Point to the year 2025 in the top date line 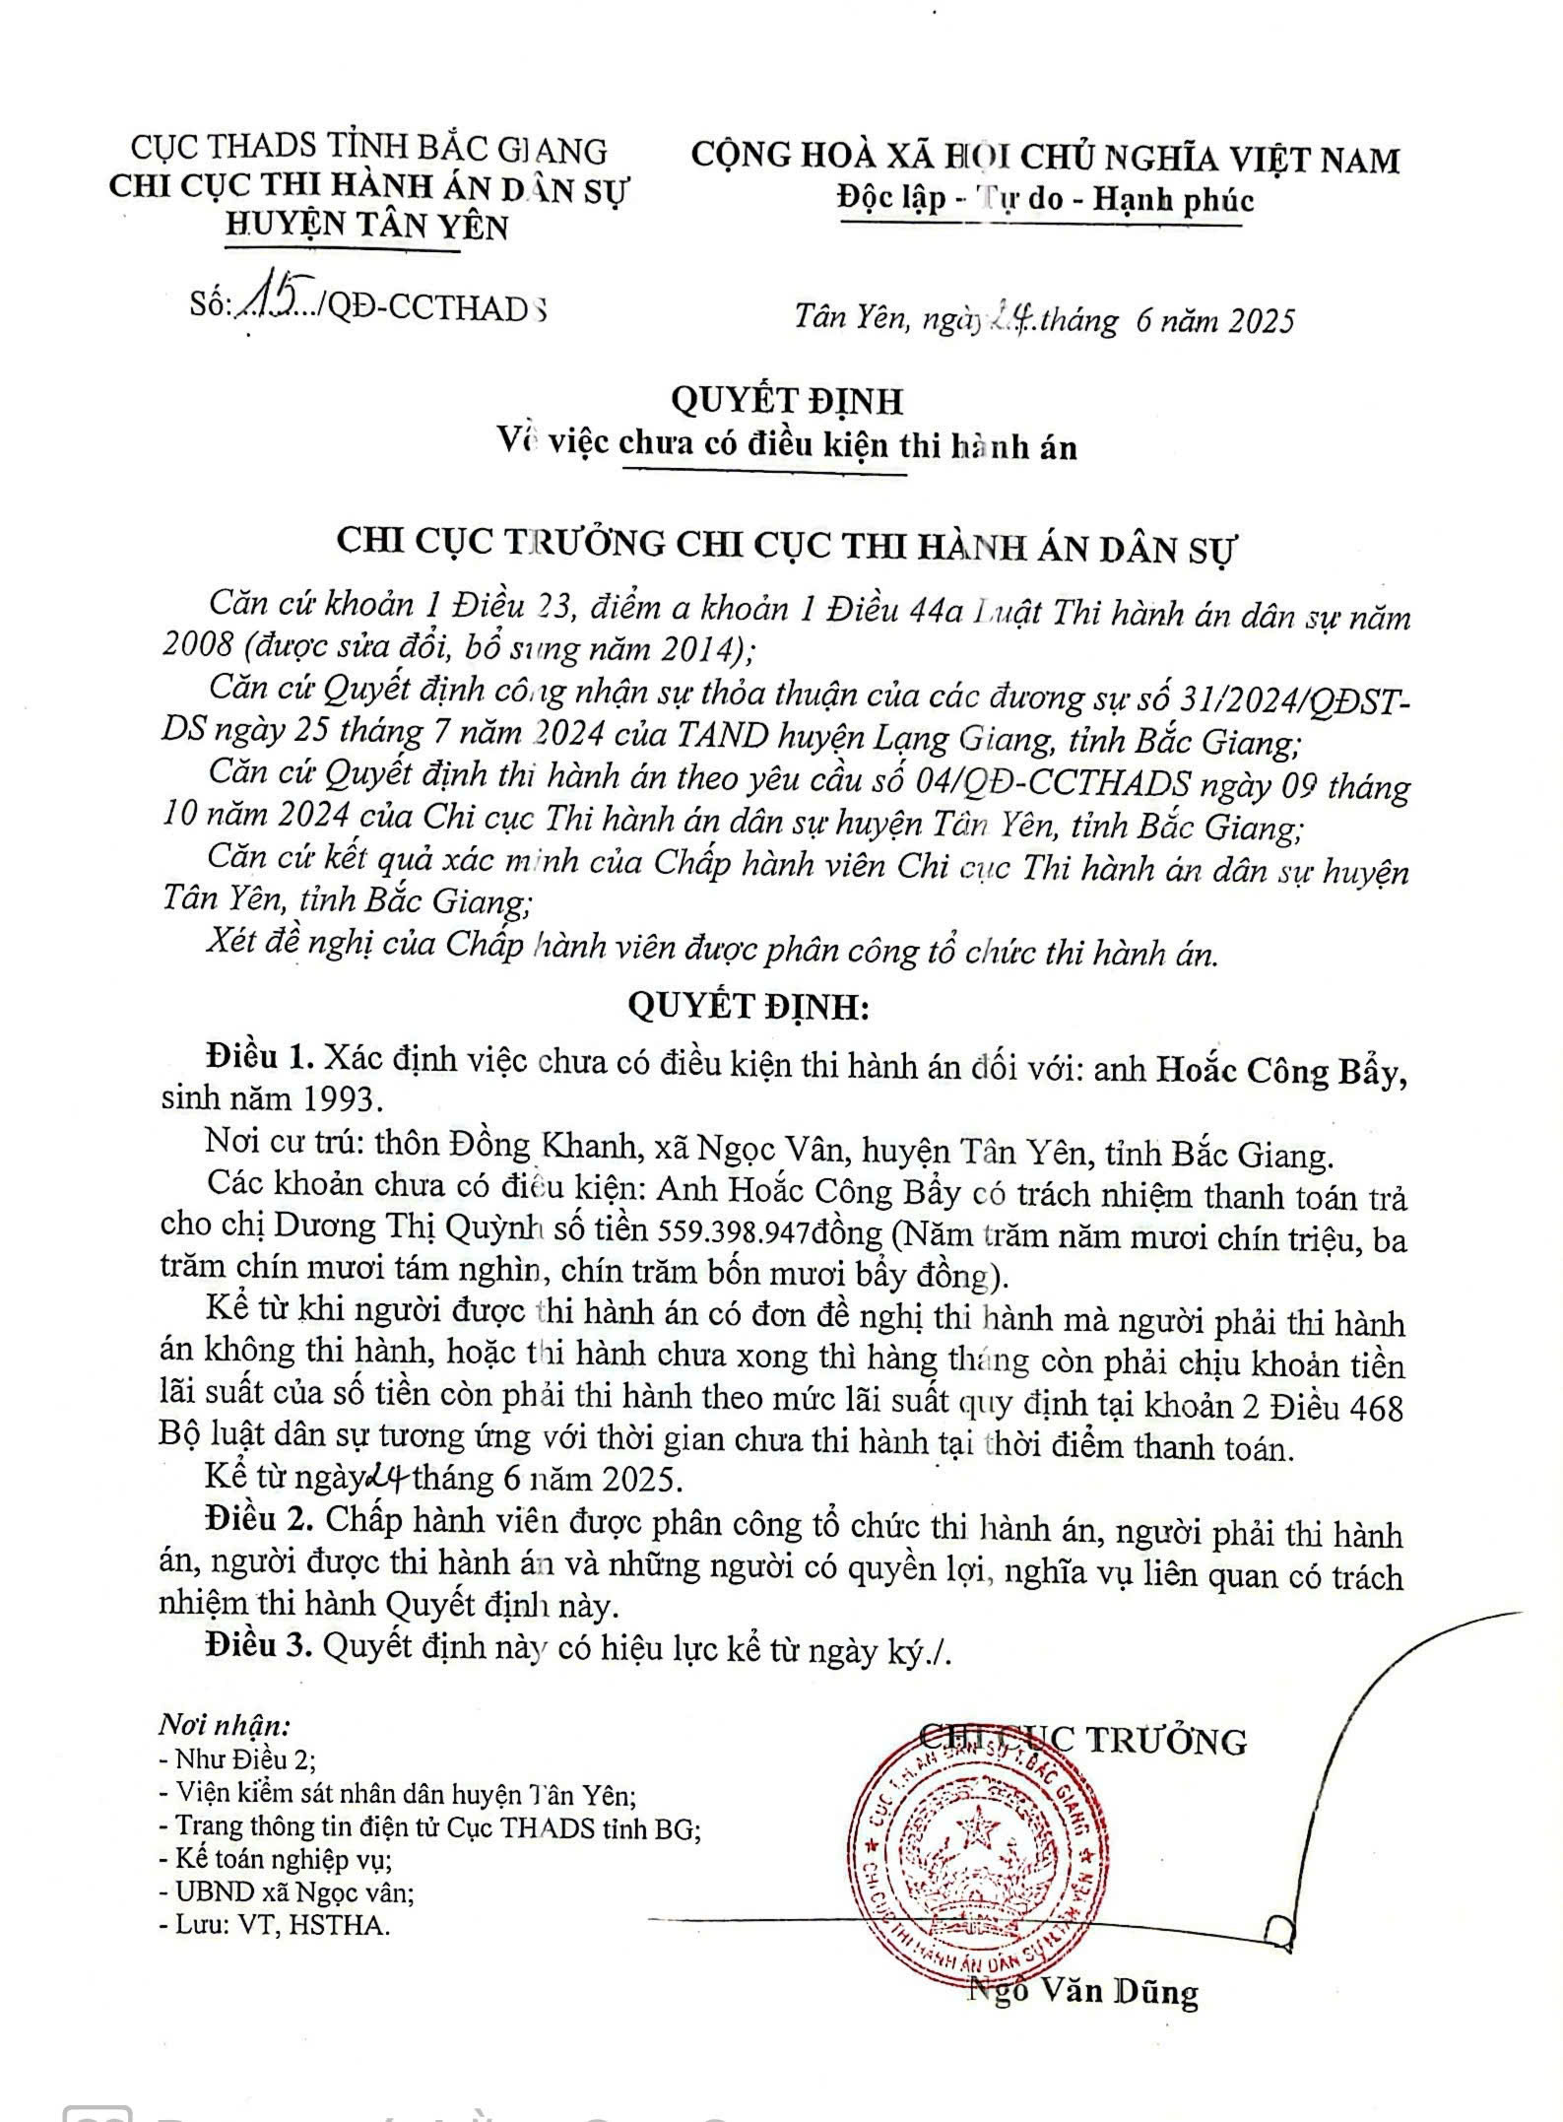point(1253,321)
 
